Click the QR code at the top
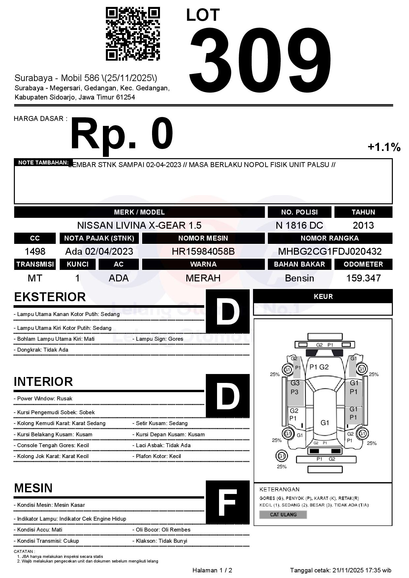pos(133,34)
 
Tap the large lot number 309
pos(260,59)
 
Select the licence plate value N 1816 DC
pos(299,225)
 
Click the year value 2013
pos(363,225)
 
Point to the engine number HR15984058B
pos(203,251)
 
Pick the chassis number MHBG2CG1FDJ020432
pos(330,251)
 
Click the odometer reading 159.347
pos(363,278)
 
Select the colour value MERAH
pos(203,278)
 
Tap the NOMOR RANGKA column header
pos(330,238)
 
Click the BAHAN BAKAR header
pos(299,264)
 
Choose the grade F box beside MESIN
pos(228,502)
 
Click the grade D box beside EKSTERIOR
pos(228,311)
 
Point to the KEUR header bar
pos(323,296)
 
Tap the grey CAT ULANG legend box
pos(283,514)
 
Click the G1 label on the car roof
pos(325,423)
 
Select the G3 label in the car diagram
pos(295,383)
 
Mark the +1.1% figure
pos(384,147)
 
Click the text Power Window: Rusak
pos(45,398)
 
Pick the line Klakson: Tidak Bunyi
pos(161,541)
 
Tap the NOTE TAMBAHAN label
pos(43,162)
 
